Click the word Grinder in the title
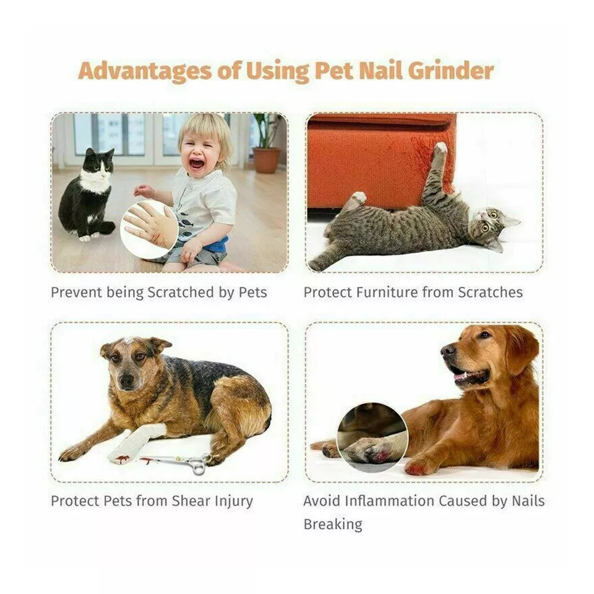[450, 71]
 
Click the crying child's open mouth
[196, 165]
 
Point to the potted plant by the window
[267, 145]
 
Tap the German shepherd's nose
[126, 381]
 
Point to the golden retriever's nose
[447, 350]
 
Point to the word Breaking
[333, 524]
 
